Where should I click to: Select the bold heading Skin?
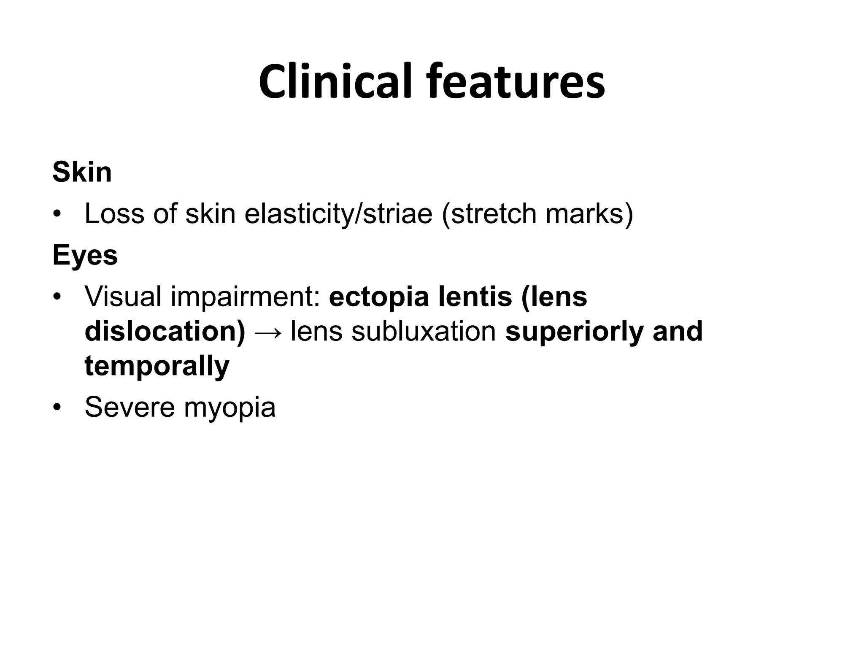(82, 172)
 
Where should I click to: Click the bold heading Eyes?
(85, 256)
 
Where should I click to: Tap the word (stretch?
(489, 213)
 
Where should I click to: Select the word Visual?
(123, 296)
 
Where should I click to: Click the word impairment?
(245, 297)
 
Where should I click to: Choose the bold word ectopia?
(378, 297)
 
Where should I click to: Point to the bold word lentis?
(475, 296)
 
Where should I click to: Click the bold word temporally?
(157, 367)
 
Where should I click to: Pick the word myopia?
(229, 408)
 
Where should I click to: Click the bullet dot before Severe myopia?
(57, 408)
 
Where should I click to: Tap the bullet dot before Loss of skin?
(57, 214)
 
